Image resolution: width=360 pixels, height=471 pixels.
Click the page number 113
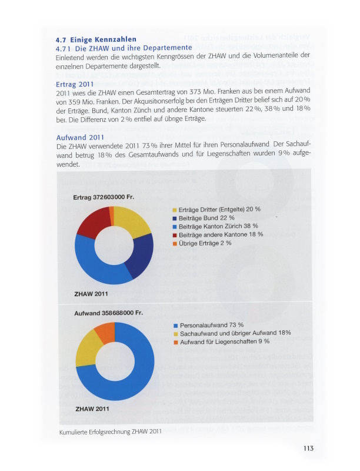point(308,448)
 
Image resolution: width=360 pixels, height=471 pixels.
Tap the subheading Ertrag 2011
point(75,84)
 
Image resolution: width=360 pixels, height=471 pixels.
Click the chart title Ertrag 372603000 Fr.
point(105,197)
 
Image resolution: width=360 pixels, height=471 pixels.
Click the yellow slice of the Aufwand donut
point(87,348)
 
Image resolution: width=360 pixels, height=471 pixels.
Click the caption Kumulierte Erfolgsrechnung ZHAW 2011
point(111,432)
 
